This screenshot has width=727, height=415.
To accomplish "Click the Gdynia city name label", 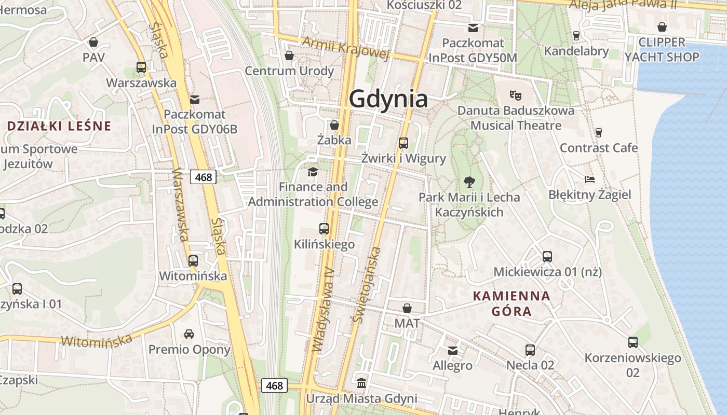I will click(388, 99).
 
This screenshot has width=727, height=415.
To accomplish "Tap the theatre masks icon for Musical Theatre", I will click(515, 95).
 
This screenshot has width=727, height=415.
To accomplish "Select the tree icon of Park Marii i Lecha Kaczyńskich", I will click(469, 182).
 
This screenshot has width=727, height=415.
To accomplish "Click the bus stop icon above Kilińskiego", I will click(324, 228).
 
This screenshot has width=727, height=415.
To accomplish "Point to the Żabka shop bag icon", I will click(334, 125).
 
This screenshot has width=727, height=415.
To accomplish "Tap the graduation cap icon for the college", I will click(313, 172).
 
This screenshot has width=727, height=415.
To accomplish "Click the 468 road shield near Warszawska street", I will click(203, 177).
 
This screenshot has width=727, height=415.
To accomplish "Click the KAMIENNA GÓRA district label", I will click(511, 303).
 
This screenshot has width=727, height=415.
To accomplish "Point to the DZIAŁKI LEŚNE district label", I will click(60, 126).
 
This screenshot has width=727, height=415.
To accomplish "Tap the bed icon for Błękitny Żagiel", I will click(589, 179).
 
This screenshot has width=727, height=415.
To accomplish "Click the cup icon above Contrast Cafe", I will click(598, 132).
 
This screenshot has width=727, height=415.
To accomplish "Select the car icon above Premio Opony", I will click(189, 334).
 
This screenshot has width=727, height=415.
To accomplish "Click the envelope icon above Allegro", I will click(453, 350).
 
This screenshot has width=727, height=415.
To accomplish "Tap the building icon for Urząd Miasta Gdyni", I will click(361, 383).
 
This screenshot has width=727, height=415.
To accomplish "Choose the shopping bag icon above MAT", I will click(407, 308).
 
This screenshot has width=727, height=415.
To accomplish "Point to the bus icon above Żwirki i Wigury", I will click(403, 143).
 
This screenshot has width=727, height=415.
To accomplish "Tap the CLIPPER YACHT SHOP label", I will click(662, 49).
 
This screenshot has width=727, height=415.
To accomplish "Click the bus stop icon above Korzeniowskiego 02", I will click(632, 342).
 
